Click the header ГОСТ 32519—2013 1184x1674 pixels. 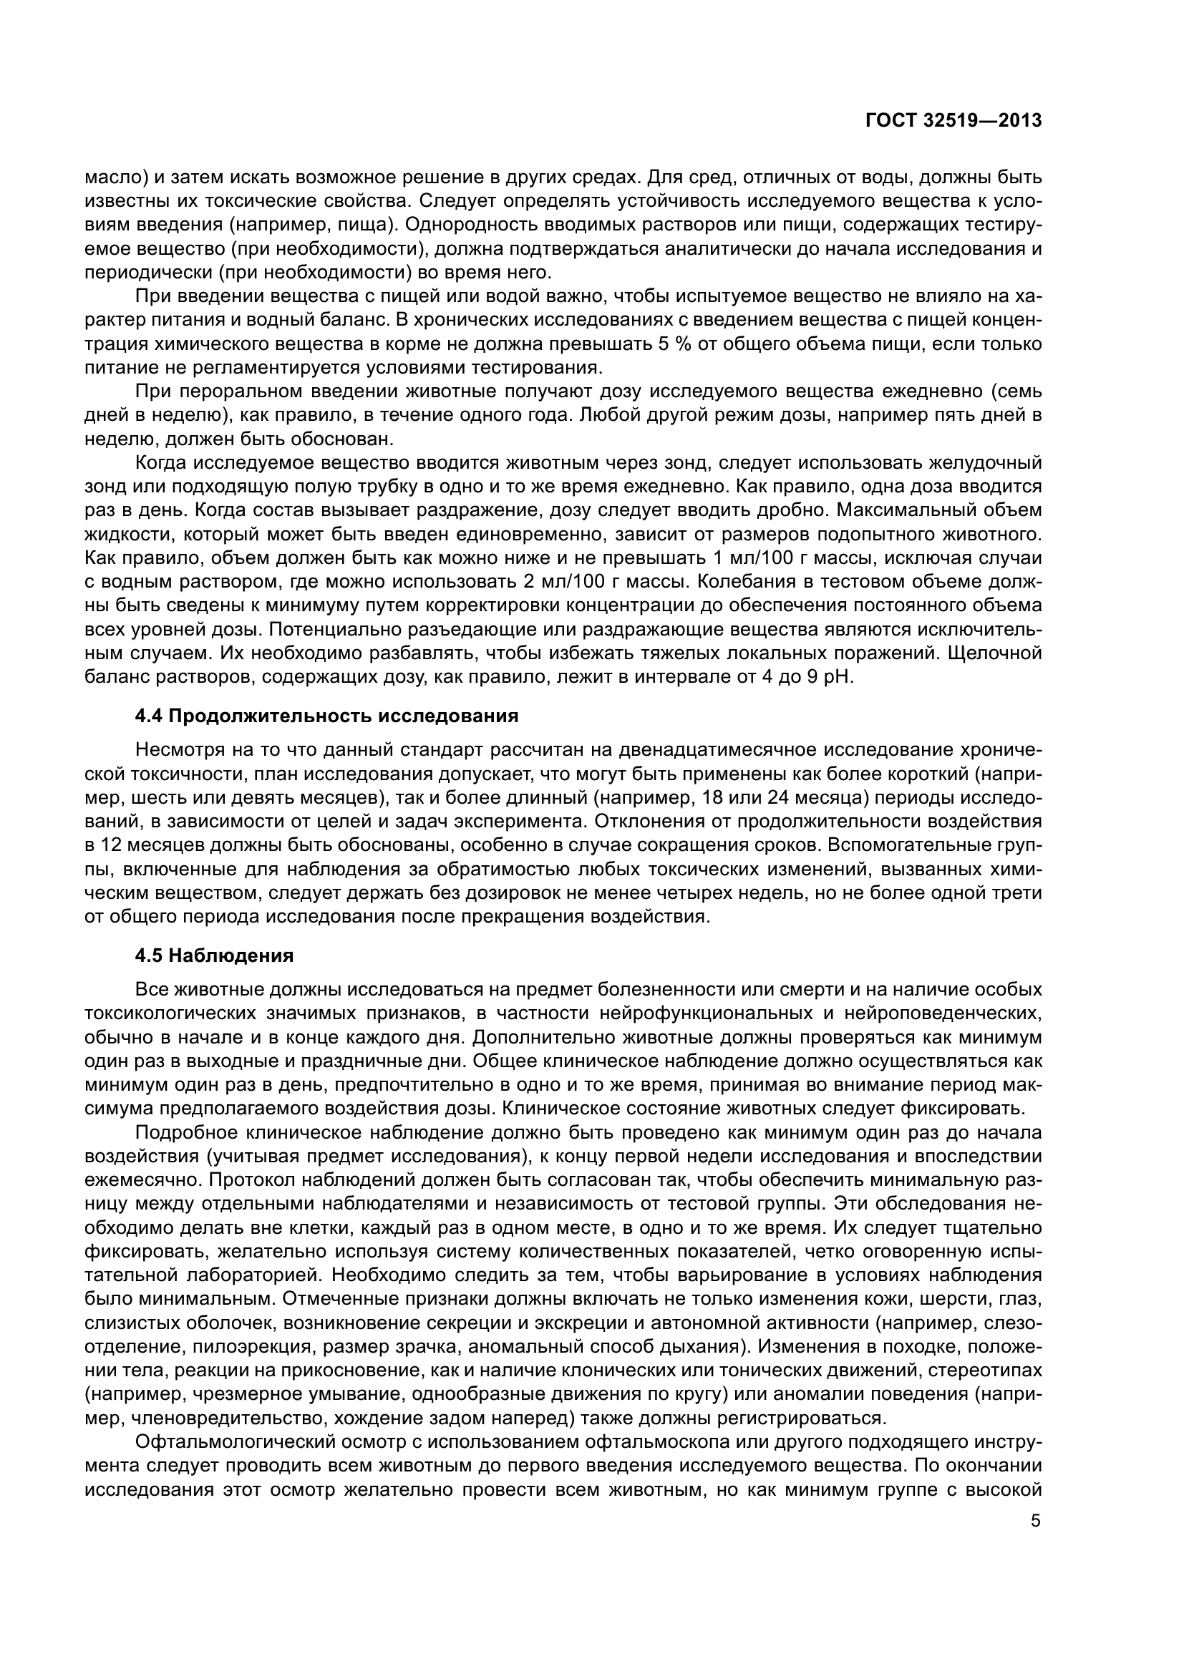pyautogui.click(x=952, y=120)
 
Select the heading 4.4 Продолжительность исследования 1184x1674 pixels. pyautogui.click(x=326, y=715)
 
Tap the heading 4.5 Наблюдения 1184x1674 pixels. pyautogui.click(x=214, y=955)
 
